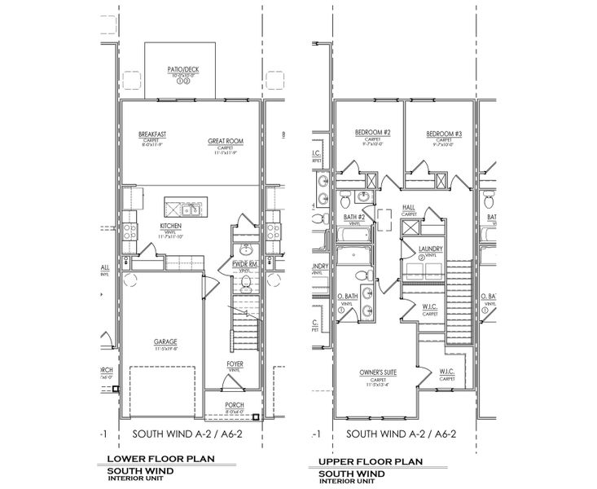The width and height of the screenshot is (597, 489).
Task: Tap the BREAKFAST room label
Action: point(152,134)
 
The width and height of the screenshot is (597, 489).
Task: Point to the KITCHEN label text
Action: point(170,225)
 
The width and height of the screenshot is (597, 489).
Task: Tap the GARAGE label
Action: point(165,342)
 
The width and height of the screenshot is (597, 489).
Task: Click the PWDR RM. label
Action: point(244,264)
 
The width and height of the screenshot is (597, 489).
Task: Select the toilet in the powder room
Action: point(246,283)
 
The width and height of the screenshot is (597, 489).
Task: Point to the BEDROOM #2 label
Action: point(373,133)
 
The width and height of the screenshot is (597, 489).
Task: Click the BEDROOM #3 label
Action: point(444,133)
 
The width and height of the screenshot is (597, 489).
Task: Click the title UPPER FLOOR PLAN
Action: point(367,461)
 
